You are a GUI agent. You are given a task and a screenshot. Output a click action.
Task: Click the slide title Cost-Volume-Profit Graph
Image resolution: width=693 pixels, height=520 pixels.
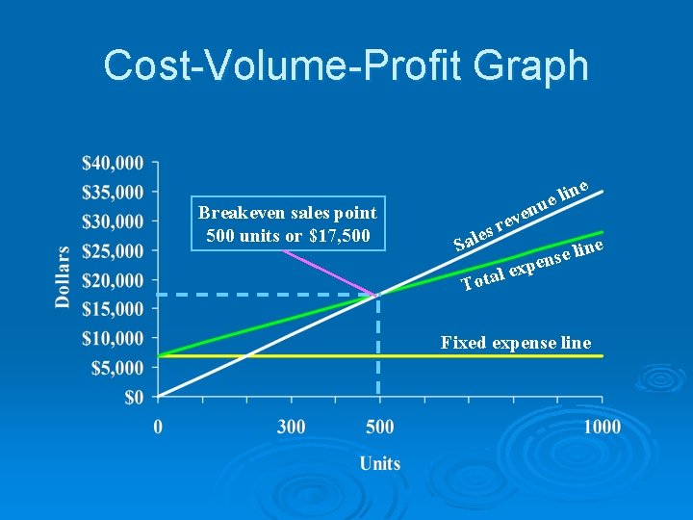click(x=346, y=65)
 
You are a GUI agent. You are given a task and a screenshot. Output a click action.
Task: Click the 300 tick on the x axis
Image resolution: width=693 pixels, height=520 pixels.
click(x=292, y=426)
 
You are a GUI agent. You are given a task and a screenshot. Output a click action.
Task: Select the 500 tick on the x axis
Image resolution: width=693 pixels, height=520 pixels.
click(x=379, y=426)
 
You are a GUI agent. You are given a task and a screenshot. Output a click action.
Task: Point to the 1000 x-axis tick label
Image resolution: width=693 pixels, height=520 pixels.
click(x=602, y=426)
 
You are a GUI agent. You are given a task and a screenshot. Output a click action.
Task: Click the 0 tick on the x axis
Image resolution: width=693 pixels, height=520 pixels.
click(x=159, y=426)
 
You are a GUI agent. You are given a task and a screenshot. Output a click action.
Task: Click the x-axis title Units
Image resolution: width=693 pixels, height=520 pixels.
click(x=380, y=463)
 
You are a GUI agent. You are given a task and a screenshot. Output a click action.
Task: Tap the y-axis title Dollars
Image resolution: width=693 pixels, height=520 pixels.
click(x=63, y=276)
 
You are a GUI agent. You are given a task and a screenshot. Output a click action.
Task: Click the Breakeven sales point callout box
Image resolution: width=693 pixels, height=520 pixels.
click(x=288, y=224)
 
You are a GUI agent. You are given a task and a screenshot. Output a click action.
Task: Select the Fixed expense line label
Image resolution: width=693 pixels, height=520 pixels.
click(x=516, y=343)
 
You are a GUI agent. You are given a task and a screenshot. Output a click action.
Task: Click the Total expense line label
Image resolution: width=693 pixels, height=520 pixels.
click(x=531, y=266)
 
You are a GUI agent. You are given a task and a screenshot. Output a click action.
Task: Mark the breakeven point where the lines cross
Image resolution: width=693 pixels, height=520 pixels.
click(x=379, y=295)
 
